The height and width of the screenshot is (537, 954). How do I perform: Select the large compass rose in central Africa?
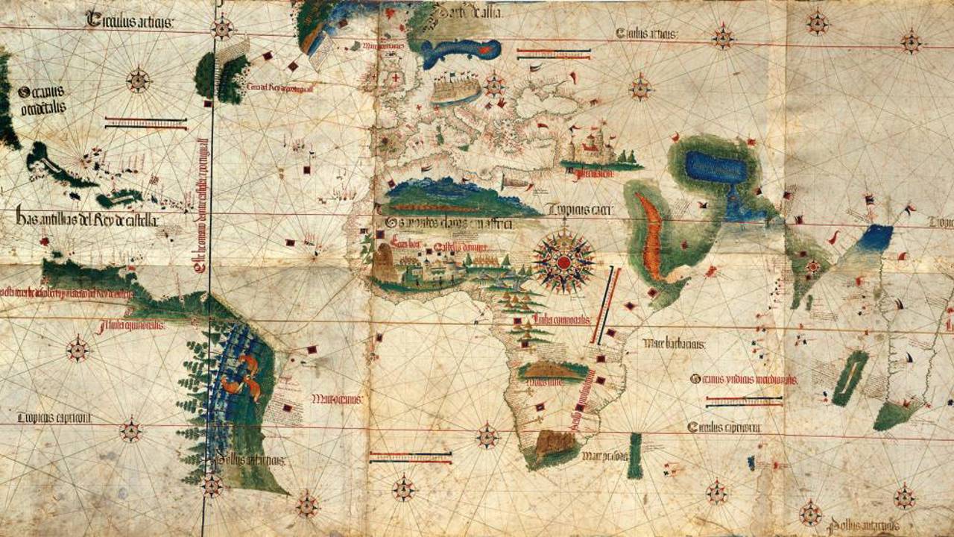tap(564, 262)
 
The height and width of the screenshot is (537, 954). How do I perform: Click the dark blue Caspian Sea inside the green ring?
tap(715, 168)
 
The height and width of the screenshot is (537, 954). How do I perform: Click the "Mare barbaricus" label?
tap(675, 344)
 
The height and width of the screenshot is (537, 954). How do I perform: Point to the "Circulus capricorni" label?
tap(724, 427)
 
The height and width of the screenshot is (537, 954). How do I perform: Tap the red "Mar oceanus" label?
tap(337, 398)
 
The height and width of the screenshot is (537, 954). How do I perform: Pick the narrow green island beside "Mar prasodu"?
tap(635, 456)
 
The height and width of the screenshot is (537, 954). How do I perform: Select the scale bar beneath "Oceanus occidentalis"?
tap(146, 122)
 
